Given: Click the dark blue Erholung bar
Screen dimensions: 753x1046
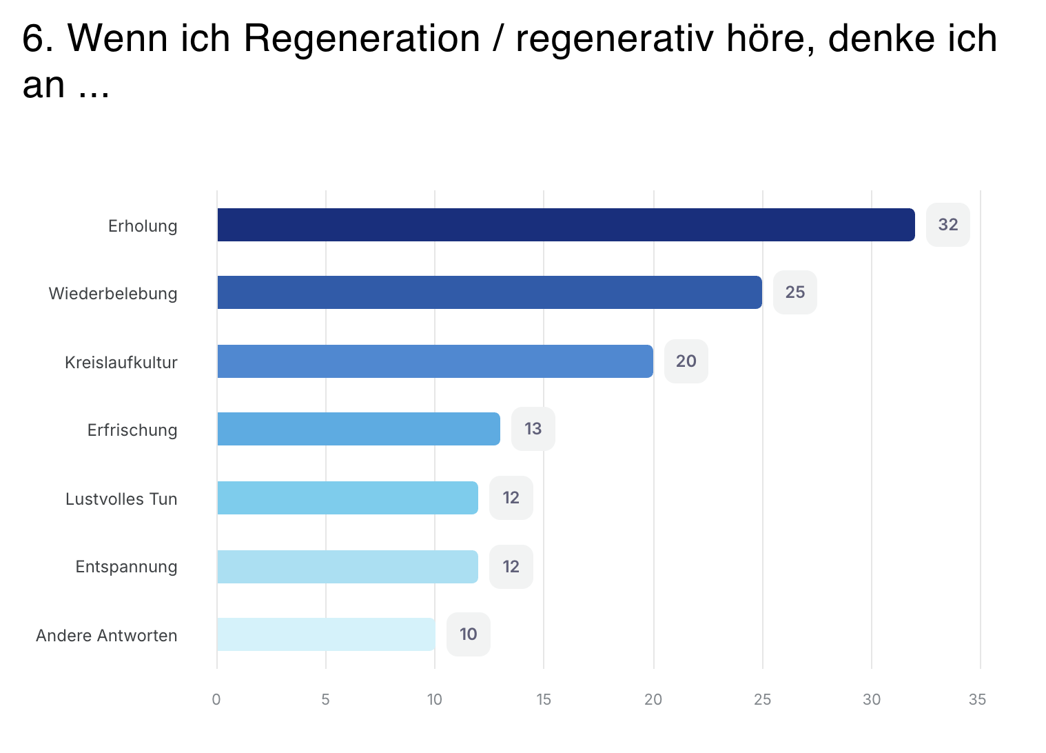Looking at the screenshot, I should pos(565,225).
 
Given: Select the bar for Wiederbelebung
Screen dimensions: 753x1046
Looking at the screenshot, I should pos(489,292).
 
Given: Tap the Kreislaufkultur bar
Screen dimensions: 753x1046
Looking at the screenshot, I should pos(434,361).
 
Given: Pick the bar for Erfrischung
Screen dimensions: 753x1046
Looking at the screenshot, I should pos(358,429).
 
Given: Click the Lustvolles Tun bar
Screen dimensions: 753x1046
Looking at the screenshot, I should pos(347,498).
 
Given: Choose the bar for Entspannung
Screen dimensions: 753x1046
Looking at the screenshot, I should pos(347,567).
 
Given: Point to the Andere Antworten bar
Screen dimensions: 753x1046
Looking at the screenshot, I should pos(325,634).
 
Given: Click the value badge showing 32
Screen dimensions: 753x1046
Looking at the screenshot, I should pos(947,225).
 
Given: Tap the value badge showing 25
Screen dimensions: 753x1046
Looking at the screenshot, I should pos(794,292).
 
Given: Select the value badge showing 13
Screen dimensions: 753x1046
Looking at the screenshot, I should pos(533,429).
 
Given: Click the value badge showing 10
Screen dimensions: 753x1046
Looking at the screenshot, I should pos(468,634).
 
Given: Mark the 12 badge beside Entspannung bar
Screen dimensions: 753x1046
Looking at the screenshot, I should pos(511,567).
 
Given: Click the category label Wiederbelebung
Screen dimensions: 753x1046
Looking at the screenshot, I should pos(113,294).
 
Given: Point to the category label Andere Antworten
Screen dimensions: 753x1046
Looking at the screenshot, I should pos(107,636).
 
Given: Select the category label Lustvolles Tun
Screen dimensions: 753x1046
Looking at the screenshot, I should pos(121,499).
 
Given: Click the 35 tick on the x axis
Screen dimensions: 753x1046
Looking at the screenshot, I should pos(977,700).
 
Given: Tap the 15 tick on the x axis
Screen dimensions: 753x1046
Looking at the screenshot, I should pos(544,700).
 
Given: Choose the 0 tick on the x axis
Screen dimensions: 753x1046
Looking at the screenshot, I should pos(216,700).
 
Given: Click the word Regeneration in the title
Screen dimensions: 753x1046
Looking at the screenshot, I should pos(362,39).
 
